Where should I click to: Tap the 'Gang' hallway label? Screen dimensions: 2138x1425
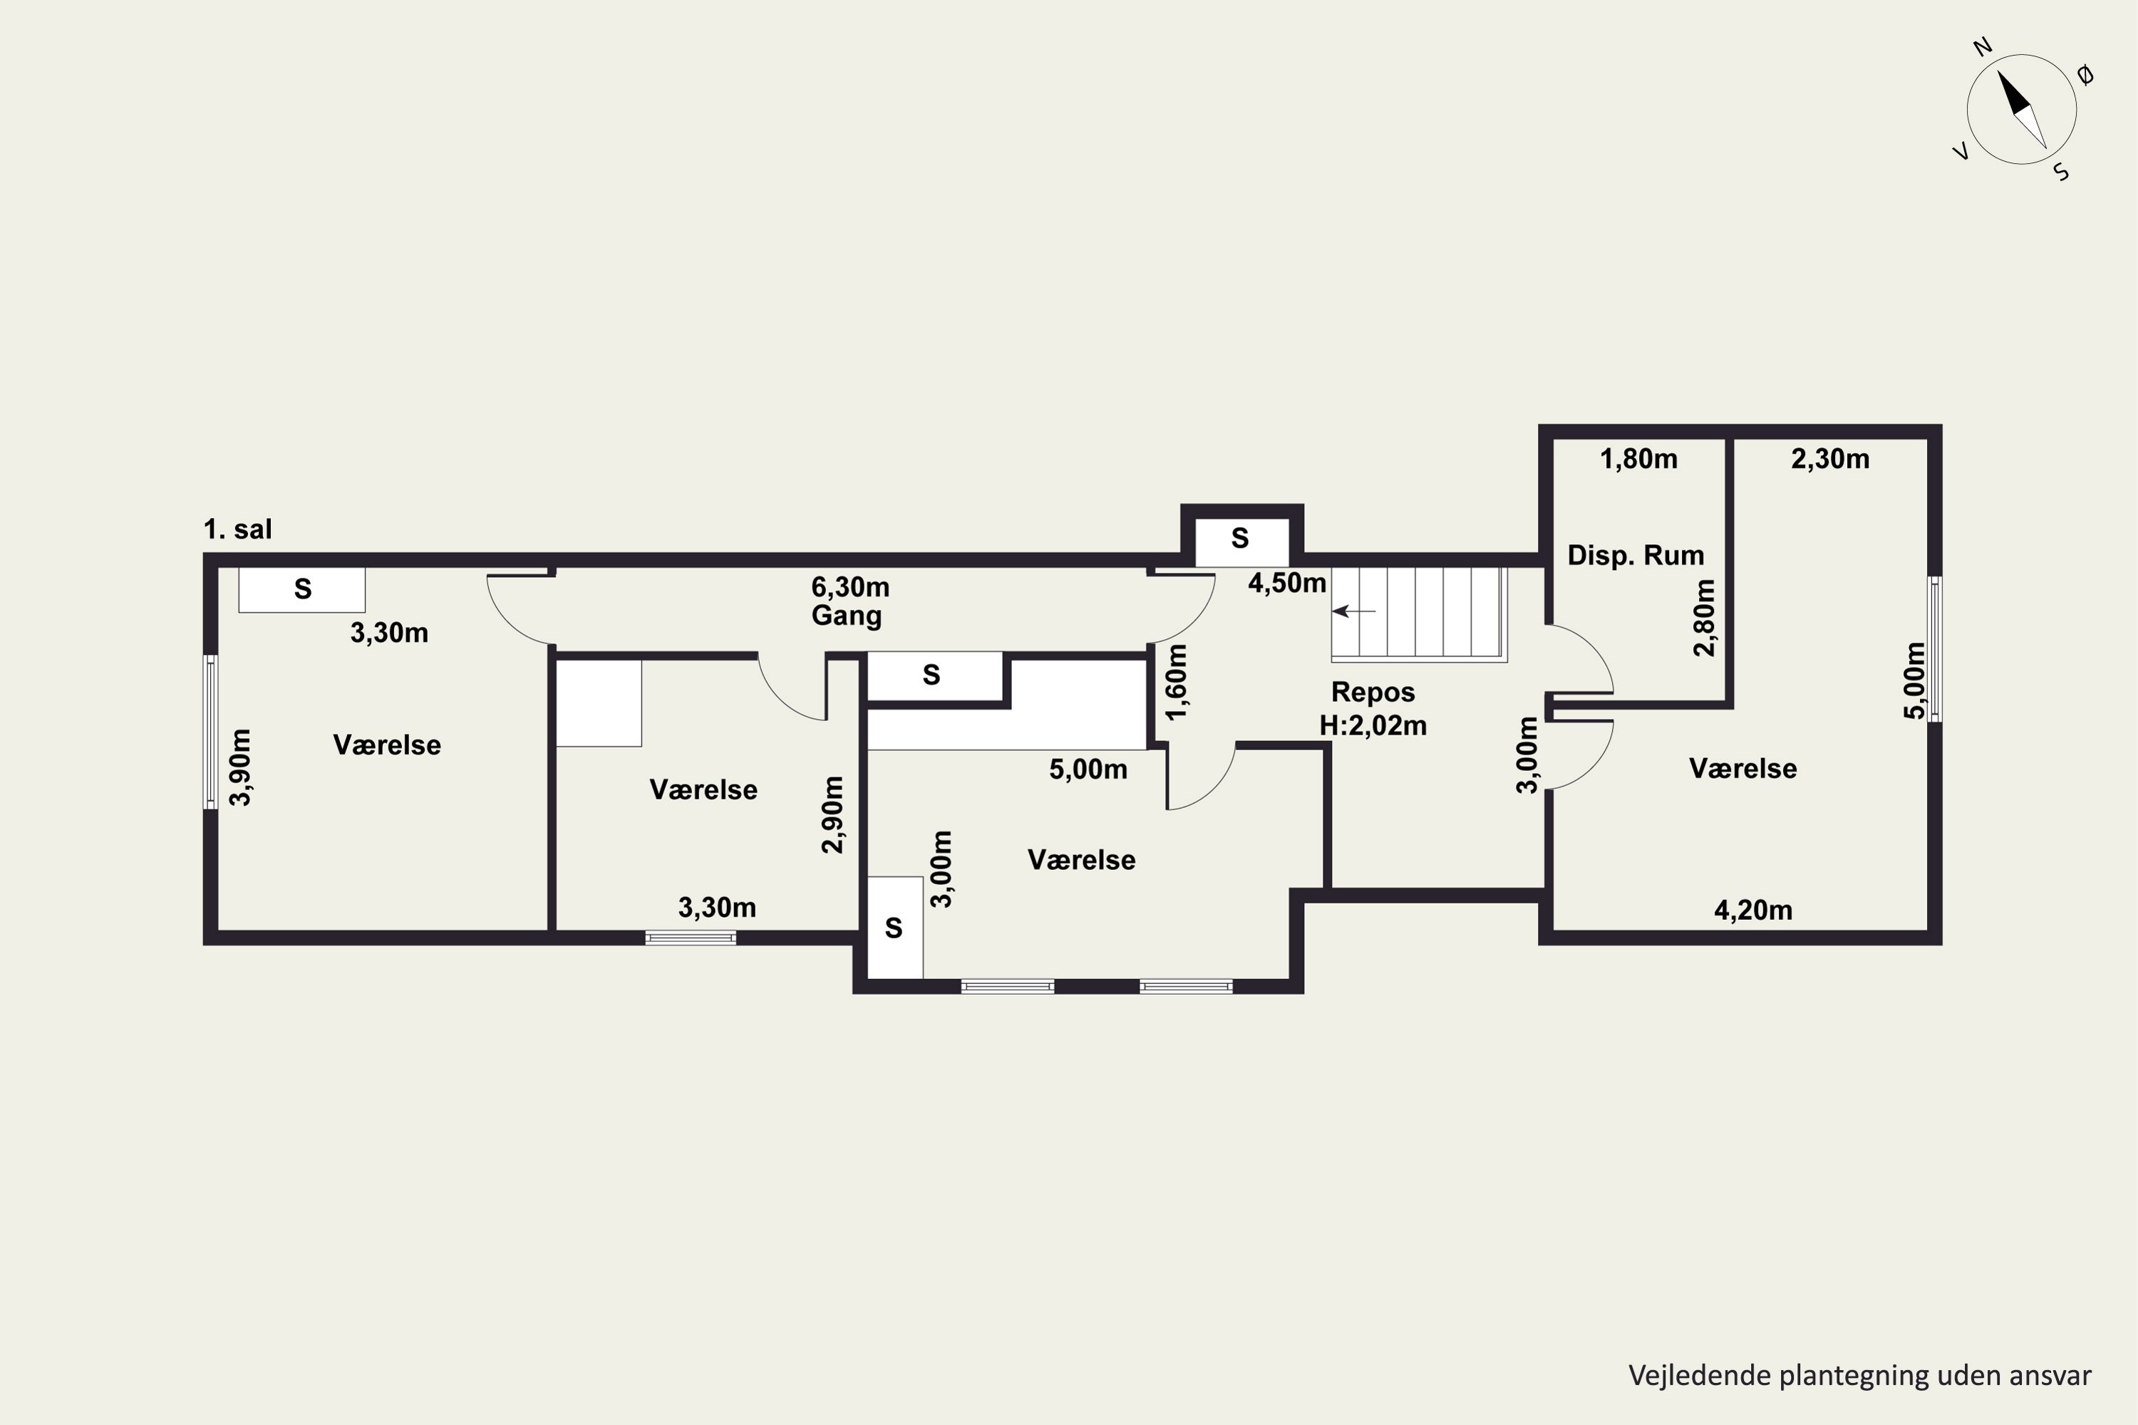click(847, 616)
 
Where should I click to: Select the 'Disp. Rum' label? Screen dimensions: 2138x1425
click(1636, 555)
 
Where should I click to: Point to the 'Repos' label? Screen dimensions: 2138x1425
click(1373, 693)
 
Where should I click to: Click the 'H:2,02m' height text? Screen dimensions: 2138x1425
click(1373, 725)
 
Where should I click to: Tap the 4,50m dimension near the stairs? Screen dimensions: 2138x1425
click(1287, 583)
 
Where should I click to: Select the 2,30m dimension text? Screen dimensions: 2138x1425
click(1830, 459)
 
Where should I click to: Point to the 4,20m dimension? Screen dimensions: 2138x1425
click(1752, 910)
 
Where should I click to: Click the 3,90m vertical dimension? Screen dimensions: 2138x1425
click(240, 767)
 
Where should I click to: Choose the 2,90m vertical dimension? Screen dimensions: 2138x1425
click(832, 814)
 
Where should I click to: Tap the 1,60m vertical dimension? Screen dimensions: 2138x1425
click(1177, 682)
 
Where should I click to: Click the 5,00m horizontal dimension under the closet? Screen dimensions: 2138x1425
click(1088, 769)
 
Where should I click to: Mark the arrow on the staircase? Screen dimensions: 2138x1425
click(1355, 611)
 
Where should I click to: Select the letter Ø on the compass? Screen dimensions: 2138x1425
click(2085, 76)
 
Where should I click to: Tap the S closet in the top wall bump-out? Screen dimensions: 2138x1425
click(1240, 539)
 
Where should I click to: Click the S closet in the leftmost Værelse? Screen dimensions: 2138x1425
click(301, 590)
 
